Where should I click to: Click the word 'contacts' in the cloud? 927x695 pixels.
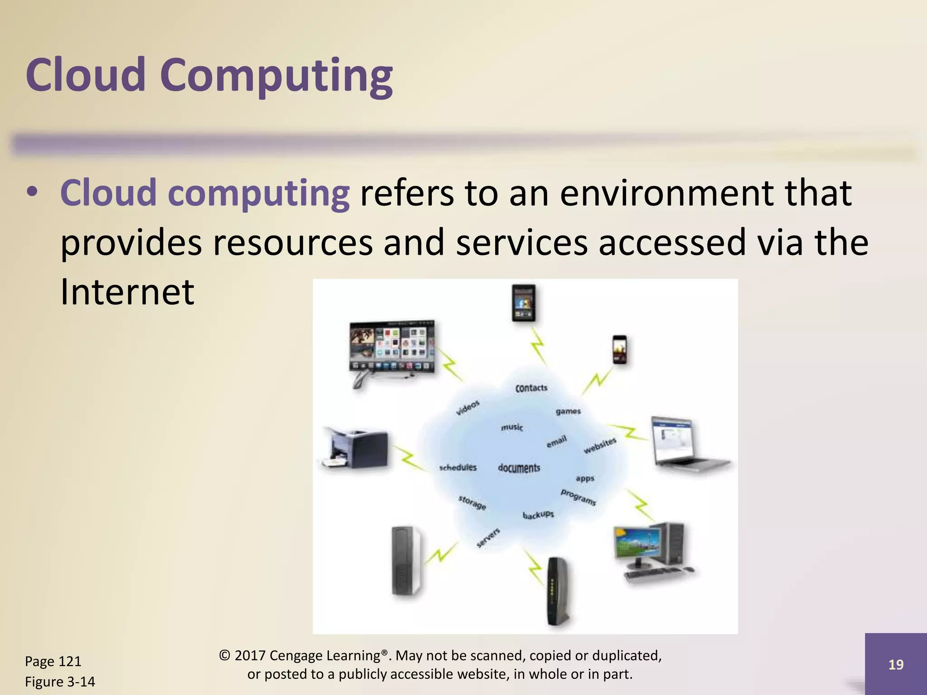tap(531, 388)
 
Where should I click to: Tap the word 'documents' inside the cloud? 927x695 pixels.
tap(519, 468)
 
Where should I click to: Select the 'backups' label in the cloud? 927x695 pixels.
tap(538, 515)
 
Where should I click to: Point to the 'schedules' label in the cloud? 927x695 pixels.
tap(458, 467)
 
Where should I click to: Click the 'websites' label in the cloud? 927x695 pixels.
tap(600, 445)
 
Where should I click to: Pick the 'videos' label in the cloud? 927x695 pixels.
tap(467, 408)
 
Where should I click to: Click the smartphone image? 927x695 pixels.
tap(620, 349)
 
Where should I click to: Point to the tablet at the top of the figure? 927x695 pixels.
tap(523, 303)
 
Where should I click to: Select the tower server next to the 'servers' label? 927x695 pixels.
tap(406, 561)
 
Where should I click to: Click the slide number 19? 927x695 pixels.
tap(896, 664)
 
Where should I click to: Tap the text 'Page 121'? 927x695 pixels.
tap(53, 661)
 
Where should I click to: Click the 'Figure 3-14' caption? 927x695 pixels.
tap(60, 681)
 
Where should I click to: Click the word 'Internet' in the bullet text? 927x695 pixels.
tap(127, 292)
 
